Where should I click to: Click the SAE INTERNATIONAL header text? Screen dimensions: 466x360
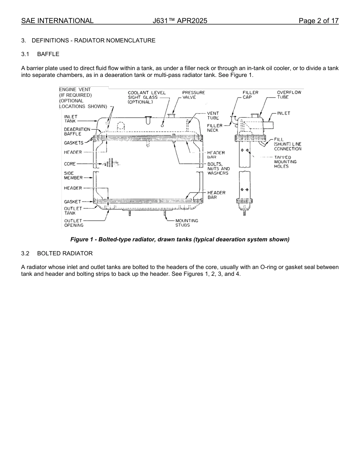tap(57, 21)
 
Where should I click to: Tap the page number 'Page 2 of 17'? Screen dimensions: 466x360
tap(318, 21)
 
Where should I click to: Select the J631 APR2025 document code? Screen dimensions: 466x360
tap(180, 21)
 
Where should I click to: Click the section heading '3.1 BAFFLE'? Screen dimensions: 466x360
tap(40, 54)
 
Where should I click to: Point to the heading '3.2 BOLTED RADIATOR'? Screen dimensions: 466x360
tap(57, 253)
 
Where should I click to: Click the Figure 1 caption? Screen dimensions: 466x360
tap(180, 239)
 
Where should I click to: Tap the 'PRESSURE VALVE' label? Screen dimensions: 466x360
tap(193, 95)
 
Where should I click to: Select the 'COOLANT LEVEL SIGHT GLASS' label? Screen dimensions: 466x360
tap(146, 97)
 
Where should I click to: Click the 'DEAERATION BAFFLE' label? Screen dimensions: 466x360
tap(77, 131)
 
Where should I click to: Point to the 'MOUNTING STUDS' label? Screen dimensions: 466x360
tap(186, 223)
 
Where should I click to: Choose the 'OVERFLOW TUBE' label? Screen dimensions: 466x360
tap(289, 95)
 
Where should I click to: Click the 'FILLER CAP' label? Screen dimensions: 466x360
tap(250, 95)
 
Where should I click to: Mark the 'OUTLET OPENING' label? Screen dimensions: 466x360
tap(74, 223)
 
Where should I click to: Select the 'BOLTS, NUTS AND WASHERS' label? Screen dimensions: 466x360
tap(218, 169)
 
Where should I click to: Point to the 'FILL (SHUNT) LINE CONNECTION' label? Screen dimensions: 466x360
tap(288, 144)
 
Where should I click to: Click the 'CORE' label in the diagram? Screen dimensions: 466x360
tap(70, 164)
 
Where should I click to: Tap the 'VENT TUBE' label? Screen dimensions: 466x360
tap(213, 116)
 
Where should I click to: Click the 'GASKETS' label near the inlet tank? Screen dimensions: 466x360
tap(74, 143)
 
